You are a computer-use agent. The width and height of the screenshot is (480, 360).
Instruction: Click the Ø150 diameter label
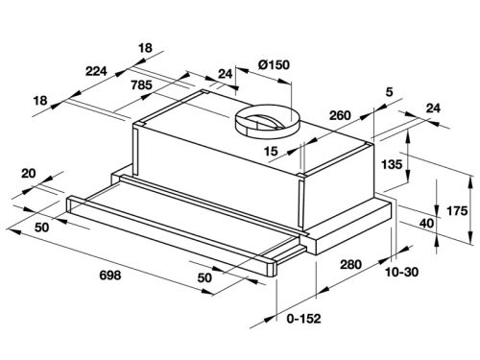[x=274, y=65]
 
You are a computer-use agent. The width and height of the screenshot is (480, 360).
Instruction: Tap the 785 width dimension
[x=141, y=85]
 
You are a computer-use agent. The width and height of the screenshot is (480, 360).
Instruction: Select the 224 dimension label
[x=96, y=71]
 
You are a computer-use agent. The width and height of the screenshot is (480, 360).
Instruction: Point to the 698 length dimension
[x=110, y=275]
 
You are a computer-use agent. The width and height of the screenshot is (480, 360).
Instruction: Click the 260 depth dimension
[x=340, y=115]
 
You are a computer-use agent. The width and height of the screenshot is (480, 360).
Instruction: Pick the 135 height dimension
[x=392, y=164]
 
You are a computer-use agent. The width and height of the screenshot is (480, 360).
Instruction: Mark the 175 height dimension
[x=457, y=211]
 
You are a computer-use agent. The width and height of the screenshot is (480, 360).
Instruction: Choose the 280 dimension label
[x=350, y=264]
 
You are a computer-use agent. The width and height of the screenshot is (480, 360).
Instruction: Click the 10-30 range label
[x=401, y=272]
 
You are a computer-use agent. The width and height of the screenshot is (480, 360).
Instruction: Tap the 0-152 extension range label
[x=303, y=319]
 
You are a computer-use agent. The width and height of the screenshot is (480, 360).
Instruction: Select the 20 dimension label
[x=29, y=174]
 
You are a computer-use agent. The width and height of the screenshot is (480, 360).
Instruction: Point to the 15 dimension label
[x=271, y=152]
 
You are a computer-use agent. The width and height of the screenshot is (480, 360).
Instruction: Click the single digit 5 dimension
[x=389, y=92]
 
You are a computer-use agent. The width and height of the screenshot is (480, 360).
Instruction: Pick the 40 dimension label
[x=426, y=224]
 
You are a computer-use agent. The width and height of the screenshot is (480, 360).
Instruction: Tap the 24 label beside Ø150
[x=225, y=74]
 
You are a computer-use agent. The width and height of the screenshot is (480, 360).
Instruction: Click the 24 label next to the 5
[x=433, y=108]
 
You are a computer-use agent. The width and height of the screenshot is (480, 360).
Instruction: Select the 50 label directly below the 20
[x=42, y=228]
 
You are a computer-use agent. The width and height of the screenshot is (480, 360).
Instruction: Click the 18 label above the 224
[x=145, y=48]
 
